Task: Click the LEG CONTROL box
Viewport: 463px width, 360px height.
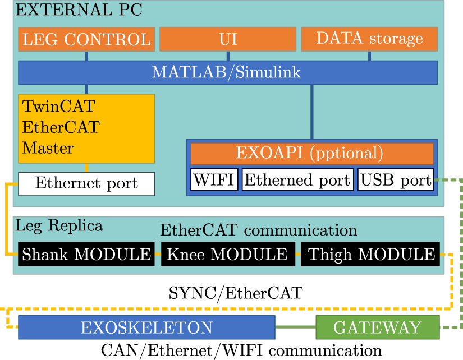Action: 86,39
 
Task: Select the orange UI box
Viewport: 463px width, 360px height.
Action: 228,39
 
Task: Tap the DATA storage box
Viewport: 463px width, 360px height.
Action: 369,39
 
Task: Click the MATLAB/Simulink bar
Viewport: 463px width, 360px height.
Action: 227,72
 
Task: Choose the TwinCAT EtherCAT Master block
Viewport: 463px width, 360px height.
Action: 86,128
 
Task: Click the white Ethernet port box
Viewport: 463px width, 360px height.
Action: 86,183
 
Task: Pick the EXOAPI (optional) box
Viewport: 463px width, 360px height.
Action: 311,153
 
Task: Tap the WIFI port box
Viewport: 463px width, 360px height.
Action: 214,180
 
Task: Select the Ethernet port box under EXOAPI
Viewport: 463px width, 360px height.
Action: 297,180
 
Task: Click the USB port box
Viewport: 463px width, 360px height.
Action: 396,180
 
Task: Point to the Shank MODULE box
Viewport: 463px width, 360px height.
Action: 86,254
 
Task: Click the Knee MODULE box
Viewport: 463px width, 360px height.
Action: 227,254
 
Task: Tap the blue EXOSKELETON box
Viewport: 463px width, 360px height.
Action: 146,327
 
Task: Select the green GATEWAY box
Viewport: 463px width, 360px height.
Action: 377,327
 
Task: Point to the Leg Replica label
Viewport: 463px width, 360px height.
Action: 59,225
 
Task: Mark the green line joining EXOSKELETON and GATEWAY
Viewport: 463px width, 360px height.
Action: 295,327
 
